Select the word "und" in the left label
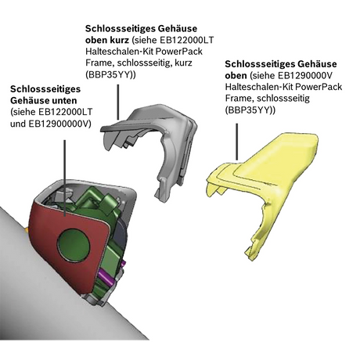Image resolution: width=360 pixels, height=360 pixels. click(x=19, y=123)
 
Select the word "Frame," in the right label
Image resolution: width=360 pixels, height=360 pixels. click(x=239, y=100)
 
